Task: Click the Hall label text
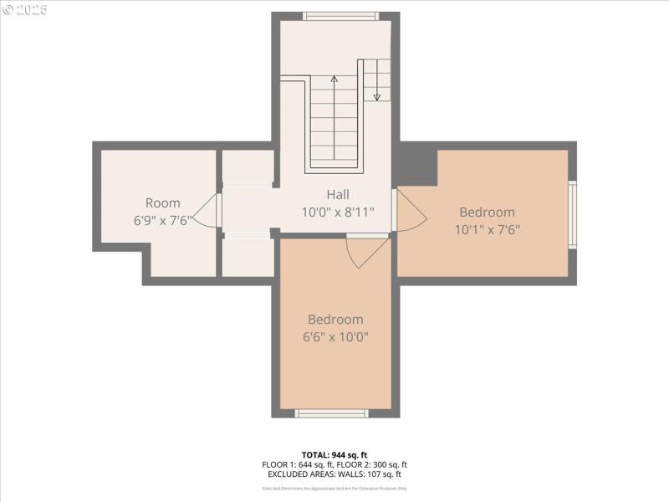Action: click(x=338, y=195)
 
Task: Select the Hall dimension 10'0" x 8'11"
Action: click(x=338, y=213)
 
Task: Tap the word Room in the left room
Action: click(x=162, y=203)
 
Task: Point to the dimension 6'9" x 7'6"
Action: click(x=162, y=221)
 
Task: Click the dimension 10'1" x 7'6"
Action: click(x=487, y=229)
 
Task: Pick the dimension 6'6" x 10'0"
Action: click(x=335, y=337)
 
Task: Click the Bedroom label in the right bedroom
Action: click(x=487, y=212)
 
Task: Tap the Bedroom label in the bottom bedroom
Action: click(x=335, y=320)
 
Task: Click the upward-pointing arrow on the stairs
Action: click(x=334, y=82)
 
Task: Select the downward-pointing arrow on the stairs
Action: click(x=377, y=94)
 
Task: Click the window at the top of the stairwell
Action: click(x=340, y=16)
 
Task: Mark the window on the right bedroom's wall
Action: click(x=572, y=215)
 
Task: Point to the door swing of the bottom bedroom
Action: click(x=366, y=252)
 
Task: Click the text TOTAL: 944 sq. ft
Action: click(x=334, y=454)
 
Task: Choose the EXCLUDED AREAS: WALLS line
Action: click(x=334, y=474)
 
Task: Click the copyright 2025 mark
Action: click(x=25, y=10)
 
